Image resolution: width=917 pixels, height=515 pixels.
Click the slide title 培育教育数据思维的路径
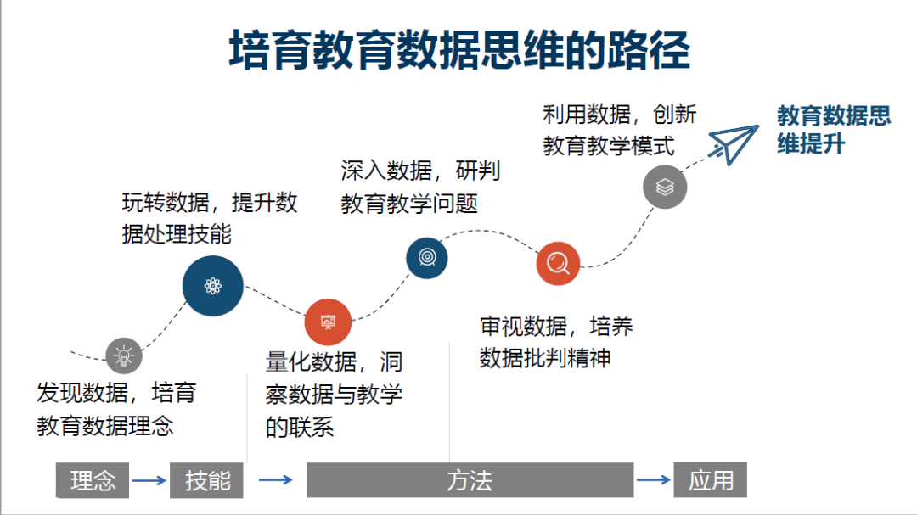pyautogui.click(x=458, y=52)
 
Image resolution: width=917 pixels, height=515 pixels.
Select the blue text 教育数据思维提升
pyautogui.click(x=834, y=130)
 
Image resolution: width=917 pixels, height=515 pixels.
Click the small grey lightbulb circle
pyautogui.click(x=124, y=355)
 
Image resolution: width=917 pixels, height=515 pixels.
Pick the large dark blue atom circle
pyautogui.click(x=212, y=286)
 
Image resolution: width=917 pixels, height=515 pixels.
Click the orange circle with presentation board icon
pyautogui.click(x=328, y=322)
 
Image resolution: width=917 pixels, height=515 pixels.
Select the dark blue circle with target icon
pyautogui.click(x=427, y=256)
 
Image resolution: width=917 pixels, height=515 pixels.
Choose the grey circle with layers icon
pyautogui.click(x=665, y=186)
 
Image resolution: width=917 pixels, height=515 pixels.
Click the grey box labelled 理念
pyautogui.click(x=93, y=480)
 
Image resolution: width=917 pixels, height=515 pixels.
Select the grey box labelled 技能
pyautogui.click(x=207, y=480)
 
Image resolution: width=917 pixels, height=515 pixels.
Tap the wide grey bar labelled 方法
pyautogui.click(x=470, y=480)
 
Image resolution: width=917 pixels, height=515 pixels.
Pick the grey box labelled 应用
pyautogui.click(x=711, y=480)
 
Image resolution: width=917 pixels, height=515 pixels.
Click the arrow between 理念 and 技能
pyautogui.click(x=149, y=480)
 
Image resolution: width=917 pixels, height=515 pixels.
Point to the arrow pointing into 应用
pyautogui.click(x=654, y=480)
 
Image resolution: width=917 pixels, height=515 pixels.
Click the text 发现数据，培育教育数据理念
pyautogui.click(x=116, y=408)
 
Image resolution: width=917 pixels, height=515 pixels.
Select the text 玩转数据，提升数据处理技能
pyautogui.click(x=209, y=218)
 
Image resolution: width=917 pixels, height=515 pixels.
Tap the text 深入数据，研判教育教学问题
pyautogui.click(x=420, y=187)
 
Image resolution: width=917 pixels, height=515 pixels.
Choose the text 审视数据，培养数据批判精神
pyautogui.click(x=556, y=342)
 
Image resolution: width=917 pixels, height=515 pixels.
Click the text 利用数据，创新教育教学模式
pyautogui.click(x=620, y=130)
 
